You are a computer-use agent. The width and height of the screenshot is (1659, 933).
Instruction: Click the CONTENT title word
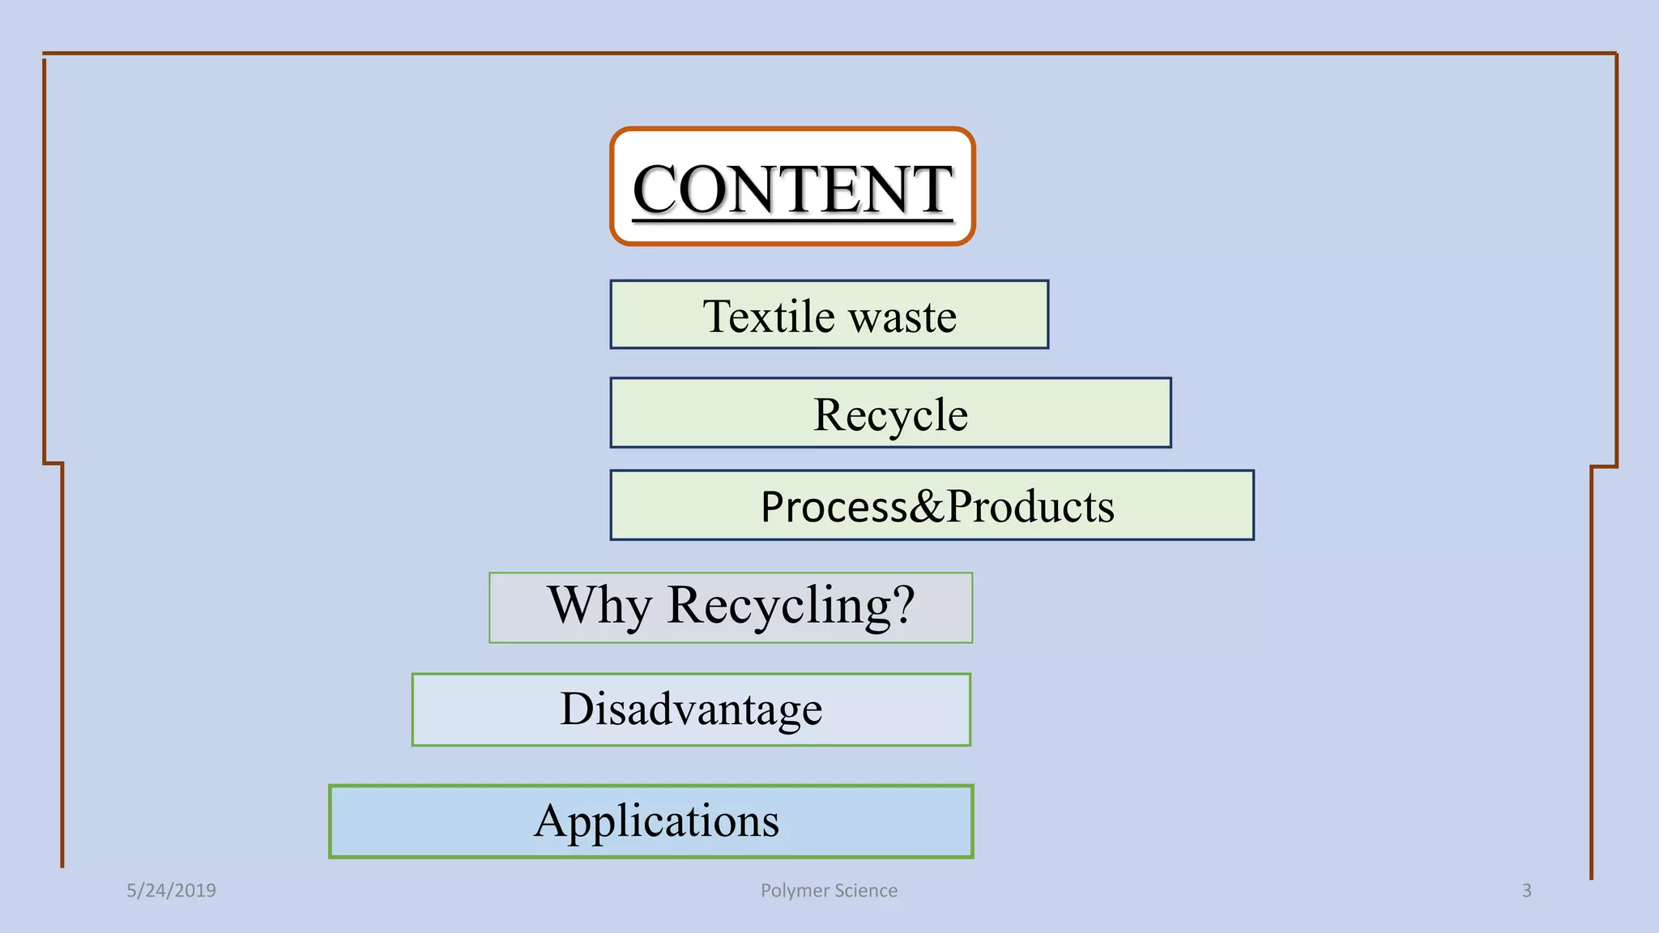(791, 189)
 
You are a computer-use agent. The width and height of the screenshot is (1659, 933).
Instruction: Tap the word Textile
(769, 316)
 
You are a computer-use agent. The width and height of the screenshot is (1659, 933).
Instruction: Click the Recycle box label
(890, 415)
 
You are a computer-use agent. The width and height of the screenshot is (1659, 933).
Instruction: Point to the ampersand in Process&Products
(927, 507)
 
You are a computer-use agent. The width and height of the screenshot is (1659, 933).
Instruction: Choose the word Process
(834, 507)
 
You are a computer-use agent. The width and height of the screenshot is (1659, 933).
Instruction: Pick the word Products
(1030, 507)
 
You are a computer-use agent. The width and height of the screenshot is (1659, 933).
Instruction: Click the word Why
(599, 605)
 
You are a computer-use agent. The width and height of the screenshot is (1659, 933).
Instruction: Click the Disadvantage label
(691, 709)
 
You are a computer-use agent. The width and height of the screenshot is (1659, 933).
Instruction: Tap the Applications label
(656, 821)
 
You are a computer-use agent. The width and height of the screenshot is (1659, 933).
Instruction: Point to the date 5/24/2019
(171, 890)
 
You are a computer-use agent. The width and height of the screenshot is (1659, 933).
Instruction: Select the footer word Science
(866, 890)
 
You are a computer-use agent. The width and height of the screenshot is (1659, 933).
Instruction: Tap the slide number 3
(1526, 890)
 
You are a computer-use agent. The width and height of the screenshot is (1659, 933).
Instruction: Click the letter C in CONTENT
(655, 189)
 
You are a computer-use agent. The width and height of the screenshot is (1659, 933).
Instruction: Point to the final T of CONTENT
(931, 189)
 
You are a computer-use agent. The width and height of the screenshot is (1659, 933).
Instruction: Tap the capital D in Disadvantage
(578, 709)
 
